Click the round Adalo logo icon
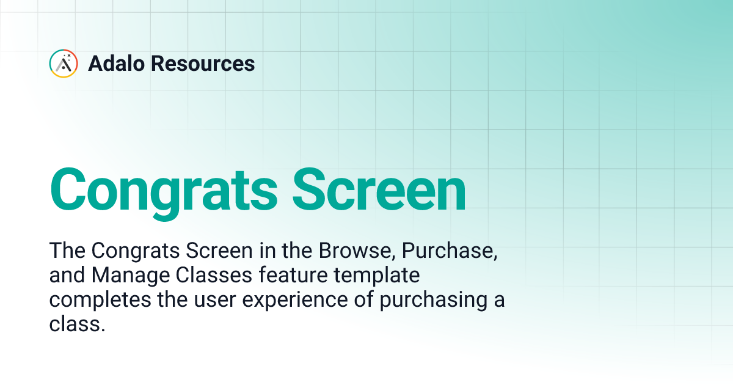click(x=63, y=64)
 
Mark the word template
click(x=378, y=276)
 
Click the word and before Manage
click(x=67, y=276)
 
